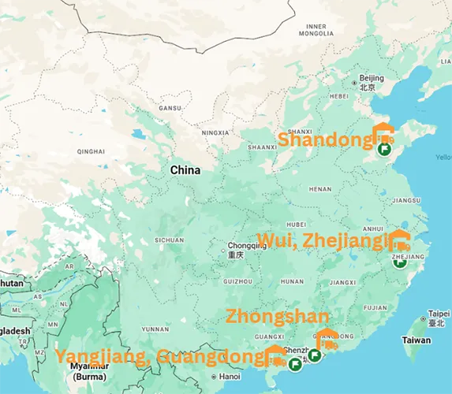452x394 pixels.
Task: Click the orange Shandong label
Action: click(324, 140)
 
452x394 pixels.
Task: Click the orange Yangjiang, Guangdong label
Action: click(158, 357)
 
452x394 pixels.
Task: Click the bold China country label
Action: click(185, 170)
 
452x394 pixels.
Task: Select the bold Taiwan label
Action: click(417, 340)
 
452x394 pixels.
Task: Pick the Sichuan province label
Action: click(169, 240)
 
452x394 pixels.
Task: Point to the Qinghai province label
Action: click(92, 151)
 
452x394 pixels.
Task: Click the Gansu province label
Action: click(170, 108)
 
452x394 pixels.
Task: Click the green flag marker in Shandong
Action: click(385, 148)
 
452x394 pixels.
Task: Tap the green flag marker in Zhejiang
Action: click(400, 263)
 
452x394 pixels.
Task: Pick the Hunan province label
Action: click(292, 281)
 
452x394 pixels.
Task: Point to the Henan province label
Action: click(320, 189)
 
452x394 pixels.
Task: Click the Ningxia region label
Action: click(215, 133)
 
